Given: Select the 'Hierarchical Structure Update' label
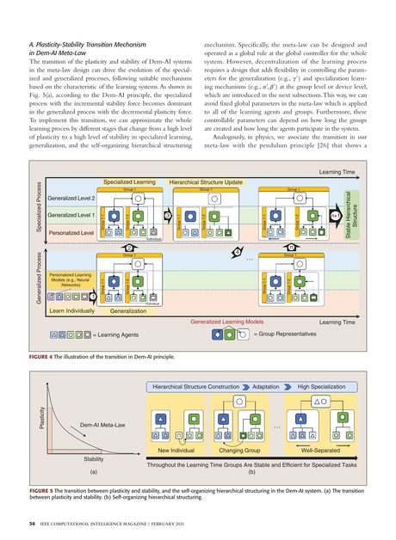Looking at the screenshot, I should tap(205, 182).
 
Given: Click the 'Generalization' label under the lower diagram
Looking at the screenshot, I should tap(128, 310).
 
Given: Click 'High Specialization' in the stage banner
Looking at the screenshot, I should tap(320, 388).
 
